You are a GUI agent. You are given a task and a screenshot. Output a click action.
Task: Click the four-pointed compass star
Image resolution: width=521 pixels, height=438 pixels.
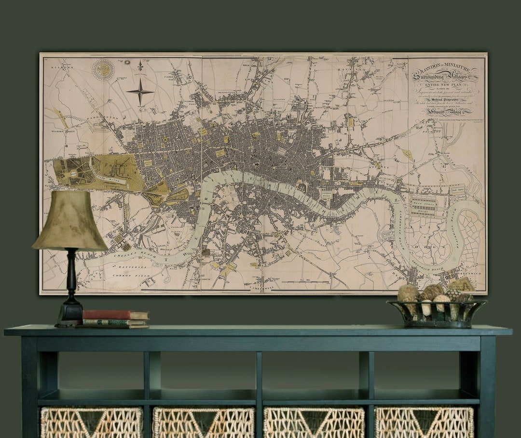[140, 92]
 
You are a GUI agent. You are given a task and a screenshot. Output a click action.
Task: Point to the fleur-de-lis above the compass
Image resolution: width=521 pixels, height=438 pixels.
[140, 66]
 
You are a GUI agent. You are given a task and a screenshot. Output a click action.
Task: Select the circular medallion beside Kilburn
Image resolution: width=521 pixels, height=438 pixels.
[104, 70]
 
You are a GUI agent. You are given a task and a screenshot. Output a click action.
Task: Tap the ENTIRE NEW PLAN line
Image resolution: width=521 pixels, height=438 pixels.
[444, 83]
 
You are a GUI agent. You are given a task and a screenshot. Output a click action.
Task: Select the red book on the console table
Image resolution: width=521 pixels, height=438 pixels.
[115, 315]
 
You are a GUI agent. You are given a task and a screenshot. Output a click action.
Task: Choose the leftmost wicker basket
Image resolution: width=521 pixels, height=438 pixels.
[92, 423]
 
